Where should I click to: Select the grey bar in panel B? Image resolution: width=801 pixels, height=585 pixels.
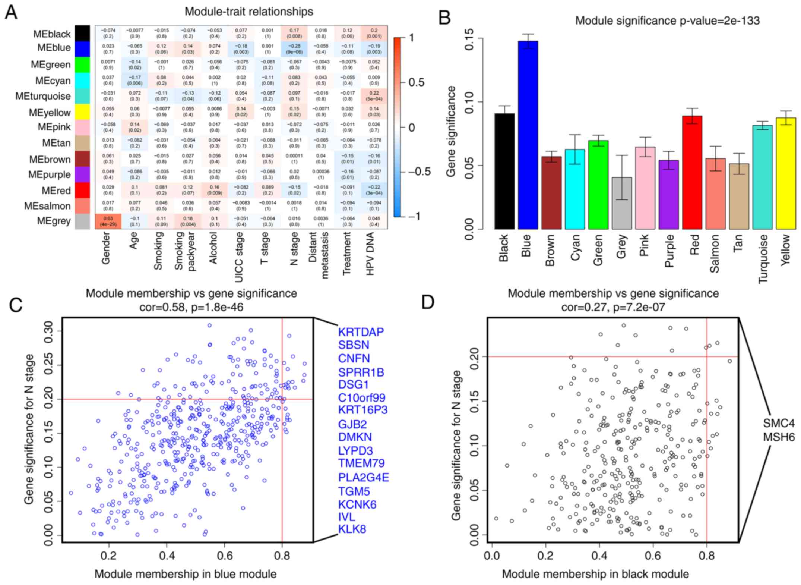(x=621, y=203)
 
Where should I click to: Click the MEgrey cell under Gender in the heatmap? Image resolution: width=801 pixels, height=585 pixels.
(x=108, y=221)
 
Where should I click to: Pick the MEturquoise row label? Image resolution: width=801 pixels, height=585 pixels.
(x=43, y=96)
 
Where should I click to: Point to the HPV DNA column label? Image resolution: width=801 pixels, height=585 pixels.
(x=370, y=254)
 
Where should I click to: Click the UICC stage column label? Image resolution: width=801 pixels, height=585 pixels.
(x=239, y=257)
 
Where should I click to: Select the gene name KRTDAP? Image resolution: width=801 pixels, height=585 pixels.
(x=361, y=331)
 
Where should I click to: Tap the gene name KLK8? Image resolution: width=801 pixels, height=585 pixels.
(x=352, y=529)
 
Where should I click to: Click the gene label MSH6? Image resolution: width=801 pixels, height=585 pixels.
(x=779, y=437)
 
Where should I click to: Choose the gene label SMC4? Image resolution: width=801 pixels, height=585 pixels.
(x=779, y=423)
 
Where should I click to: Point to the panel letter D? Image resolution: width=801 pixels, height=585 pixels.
(x=428, y=302)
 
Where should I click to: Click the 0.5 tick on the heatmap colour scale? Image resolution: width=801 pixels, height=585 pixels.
(x=417, y=82)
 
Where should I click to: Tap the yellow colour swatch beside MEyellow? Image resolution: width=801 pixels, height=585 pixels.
(x=82, y=112)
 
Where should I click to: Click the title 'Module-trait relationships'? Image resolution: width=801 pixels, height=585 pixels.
(x=249, y=12)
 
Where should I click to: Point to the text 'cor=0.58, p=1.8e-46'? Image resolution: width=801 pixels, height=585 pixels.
(x=191, y=307)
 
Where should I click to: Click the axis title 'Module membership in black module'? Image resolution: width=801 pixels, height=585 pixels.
(x=595, y=574)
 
